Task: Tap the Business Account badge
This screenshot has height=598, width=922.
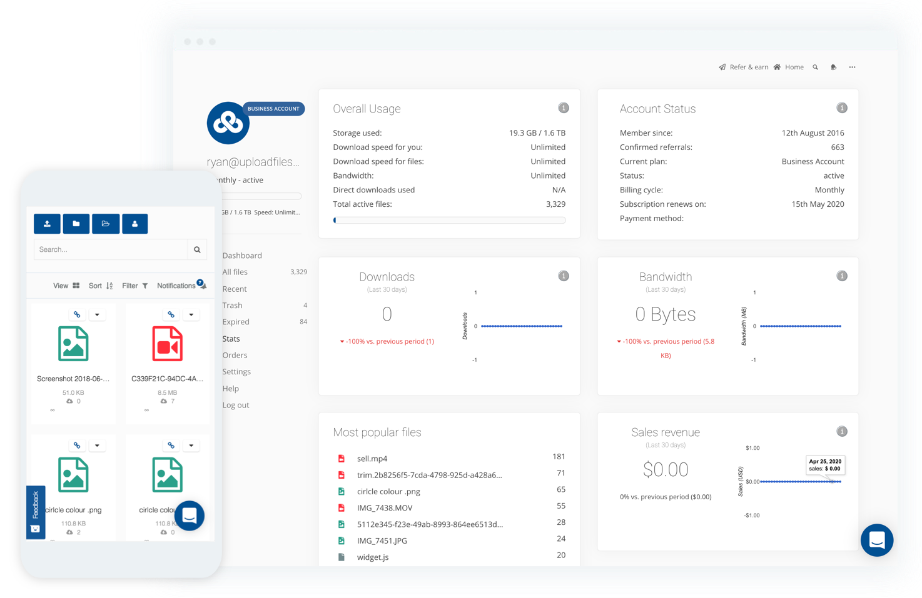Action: coord(273,109)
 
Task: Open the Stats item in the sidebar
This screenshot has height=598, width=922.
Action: coord(231,339)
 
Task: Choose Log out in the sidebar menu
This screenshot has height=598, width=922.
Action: coord(236,405)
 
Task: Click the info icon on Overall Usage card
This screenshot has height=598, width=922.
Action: coord(564,108)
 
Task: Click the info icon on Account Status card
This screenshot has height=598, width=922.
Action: coord(842,108)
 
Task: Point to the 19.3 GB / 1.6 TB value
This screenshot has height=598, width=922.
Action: coord(537,133)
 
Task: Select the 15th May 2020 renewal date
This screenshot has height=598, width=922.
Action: coord(818,204)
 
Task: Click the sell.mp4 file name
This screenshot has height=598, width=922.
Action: coord(372,459)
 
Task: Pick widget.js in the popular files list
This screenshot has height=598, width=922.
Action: coord(373,557)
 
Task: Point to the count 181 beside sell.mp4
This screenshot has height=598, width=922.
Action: coord(559,457)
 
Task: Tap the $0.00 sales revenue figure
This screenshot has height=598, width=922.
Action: coord(666,470)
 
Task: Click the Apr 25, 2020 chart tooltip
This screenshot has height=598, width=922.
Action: coord(825,465)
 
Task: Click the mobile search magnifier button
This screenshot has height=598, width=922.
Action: coord(197,249)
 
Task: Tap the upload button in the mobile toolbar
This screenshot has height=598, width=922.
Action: coord(47,224)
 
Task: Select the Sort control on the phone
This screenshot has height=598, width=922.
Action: coord(100,286)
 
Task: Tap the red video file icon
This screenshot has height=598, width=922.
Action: coord(168,344)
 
